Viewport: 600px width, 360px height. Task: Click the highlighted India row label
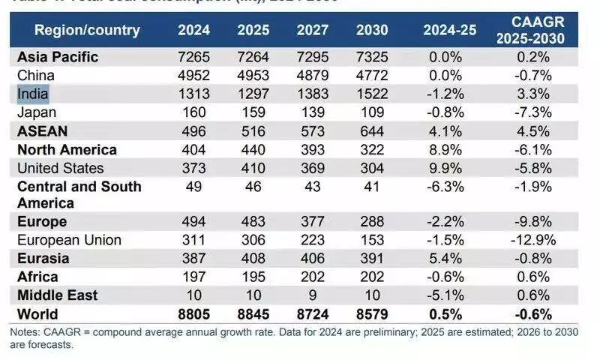click(33, 94)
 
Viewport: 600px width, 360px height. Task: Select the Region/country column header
click(87, 30)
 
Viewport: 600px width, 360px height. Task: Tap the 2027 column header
click(312, 30)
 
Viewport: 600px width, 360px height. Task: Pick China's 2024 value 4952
click(193, 75)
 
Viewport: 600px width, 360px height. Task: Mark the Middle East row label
click(57, 295)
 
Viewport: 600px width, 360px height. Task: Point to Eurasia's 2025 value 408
click(253, 258)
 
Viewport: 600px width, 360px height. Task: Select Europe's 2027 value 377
click(312, 222)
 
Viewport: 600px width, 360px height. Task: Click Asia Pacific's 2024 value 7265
click(193, 57)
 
